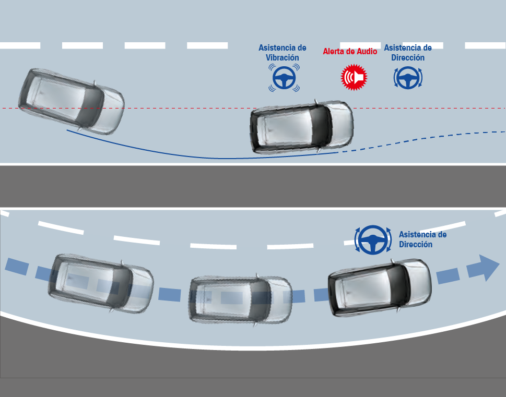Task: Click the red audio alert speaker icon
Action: click(x=354, y=77)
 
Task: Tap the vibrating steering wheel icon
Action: click(x=284, y=78)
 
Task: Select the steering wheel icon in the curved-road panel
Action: click(x=373, y=240)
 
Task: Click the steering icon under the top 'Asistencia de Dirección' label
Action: click(x=408, y=78)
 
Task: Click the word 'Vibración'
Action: click(x=283, y=58)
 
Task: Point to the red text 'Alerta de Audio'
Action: click(x=350, y=52)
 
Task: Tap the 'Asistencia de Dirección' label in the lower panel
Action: click(x=423, y=239)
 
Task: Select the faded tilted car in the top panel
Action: click(x=72, y=101)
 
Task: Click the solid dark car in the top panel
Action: click(x=302, y=127)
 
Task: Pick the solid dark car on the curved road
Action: click(x=380, y=287)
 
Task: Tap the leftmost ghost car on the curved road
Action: click(x=101, y=283)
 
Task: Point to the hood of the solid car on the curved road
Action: click(x=419, y=282)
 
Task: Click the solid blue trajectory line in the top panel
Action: click(x=207, y=158)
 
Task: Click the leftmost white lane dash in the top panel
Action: click(x=20, y=45)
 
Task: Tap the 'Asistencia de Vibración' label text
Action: click(x=283, y=53)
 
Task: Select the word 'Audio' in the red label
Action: click(x=366, y=52)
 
